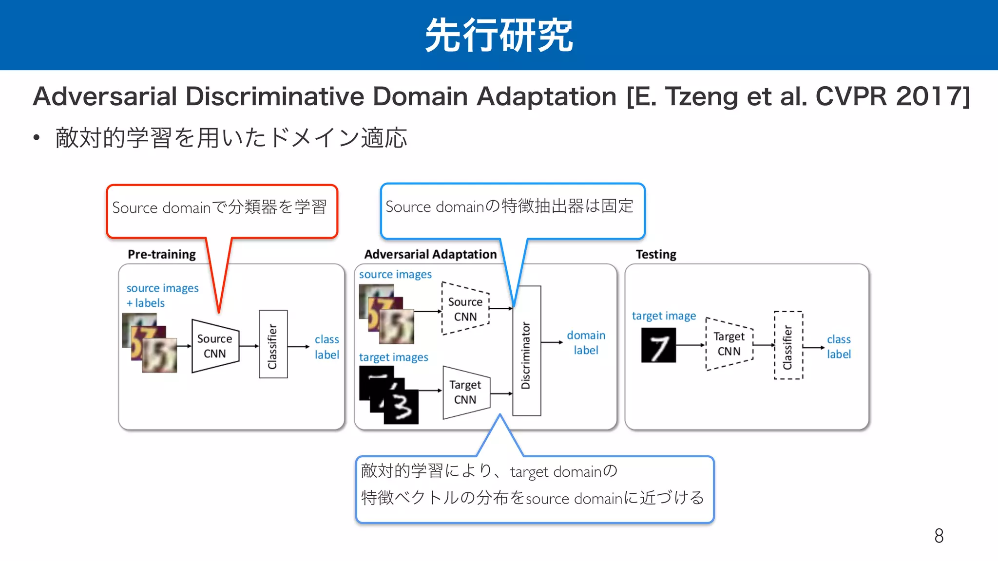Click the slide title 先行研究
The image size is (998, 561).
[x=499, y=35]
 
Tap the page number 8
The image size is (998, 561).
[x=939, y=536]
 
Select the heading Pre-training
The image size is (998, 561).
[x=161, y=254]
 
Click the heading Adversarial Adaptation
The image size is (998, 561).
[x=430, y=254]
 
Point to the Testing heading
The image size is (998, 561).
[x=656, y=254]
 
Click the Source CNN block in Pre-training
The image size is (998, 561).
[x=215, y=346]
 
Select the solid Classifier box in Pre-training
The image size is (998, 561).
[x=273, y=344]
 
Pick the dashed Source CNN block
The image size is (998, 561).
[x=465, y=309]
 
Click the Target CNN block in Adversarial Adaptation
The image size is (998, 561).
[x=466, y=392]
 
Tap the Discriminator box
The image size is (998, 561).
[x=526, y=351]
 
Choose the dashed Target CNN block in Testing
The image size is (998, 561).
[x=729, y=344]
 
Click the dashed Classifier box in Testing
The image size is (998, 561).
[x=788, y=345]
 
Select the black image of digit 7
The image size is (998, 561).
[x=658, y=345]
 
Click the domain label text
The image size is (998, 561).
[x=586, y=342]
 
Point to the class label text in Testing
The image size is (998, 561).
[x=839, y=346]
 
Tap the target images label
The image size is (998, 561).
[x=393, y=357]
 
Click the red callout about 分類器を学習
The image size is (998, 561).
[x=222, y=210]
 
